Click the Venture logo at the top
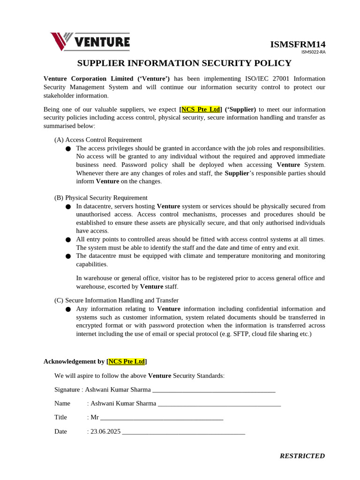90,41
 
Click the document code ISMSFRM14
297,45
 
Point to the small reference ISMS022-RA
313,52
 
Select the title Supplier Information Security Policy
184,63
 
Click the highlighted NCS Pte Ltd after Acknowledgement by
127,361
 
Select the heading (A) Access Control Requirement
98,140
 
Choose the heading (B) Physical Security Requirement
101,198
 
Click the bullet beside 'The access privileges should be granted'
68,149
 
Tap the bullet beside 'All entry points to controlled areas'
68,240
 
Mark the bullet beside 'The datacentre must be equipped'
68,256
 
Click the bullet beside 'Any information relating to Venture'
68,309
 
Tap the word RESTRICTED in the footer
302,456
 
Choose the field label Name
62,403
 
